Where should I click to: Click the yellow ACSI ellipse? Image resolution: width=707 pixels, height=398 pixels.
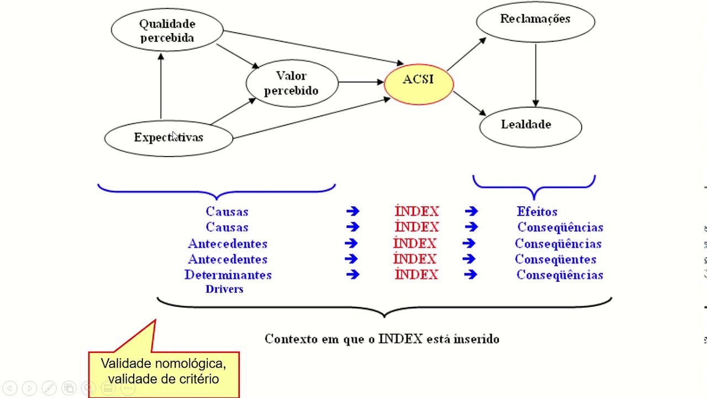click(x=419, y=83)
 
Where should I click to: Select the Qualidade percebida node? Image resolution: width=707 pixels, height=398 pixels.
click(x=167, y=31)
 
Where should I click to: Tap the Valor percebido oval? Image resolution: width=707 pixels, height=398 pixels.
click(x=292, y=83)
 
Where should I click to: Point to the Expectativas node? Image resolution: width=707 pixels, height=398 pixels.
click(x=168, y=138)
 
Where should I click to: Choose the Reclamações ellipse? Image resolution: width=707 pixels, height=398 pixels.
click(x=535, y=21)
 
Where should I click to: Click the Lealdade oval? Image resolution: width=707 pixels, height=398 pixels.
click(x=530, y=127)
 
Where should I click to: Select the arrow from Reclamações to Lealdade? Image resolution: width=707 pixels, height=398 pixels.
click(x=535, y=75)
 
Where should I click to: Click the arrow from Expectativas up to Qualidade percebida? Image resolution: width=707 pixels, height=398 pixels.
click(x=161, y=86)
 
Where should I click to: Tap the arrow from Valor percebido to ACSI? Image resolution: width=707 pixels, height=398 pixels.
click(x=361, y=82)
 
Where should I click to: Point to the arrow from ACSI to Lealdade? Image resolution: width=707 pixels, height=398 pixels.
click(x=469, y=104)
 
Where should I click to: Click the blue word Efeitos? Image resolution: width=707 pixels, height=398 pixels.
click(x=537, y=212)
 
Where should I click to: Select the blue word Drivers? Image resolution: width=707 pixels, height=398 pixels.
click(x=224, y=289)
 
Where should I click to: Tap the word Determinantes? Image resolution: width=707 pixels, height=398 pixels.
click(x=228, y=275)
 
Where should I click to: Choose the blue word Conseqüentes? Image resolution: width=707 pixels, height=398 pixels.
click(x=555, y=259)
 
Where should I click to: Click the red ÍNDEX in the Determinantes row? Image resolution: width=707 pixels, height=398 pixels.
click(x=416, y=275)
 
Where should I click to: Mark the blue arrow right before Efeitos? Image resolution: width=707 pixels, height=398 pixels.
click(x=471, y=211)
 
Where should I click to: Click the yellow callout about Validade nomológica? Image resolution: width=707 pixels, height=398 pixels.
click(x=163, y=371)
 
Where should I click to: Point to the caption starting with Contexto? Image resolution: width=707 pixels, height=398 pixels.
click(x=382, y=339)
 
